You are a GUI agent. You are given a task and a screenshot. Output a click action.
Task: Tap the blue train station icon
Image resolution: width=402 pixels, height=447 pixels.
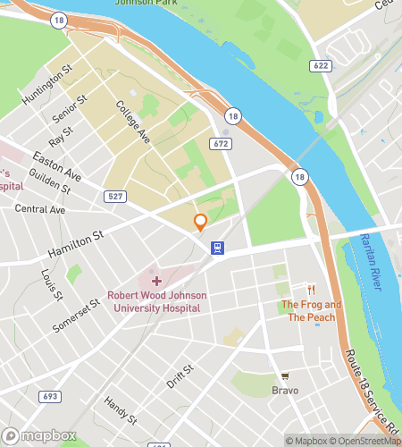[216, 248]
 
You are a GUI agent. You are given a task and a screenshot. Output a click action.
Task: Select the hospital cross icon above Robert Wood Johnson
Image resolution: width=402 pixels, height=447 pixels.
[156, 282]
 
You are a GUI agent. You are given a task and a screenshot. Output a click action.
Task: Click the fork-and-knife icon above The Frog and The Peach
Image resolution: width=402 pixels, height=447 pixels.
[312, 290]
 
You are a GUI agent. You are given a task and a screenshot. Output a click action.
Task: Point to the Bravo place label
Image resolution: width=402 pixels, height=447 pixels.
[285, 390]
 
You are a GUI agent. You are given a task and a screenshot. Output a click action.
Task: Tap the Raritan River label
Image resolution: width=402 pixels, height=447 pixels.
[375, 259]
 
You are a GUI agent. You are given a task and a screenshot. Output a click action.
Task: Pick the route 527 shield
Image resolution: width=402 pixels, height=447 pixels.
[114, 196]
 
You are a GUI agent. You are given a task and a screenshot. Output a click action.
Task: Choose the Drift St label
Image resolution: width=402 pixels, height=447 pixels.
[180, 376]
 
